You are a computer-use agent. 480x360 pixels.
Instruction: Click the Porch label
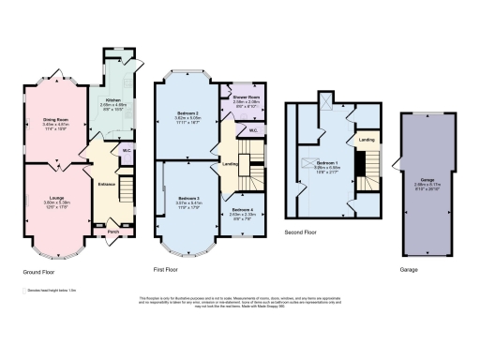(x=113, y=232)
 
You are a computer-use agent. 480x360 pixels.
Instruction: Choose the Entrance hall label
(x=106, y=185)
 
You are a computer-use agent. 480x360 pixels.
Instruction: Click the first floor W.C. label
(x=253, y=127)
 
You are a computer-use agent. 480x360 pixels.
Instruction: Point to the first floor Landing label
(x=229, y=166)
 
